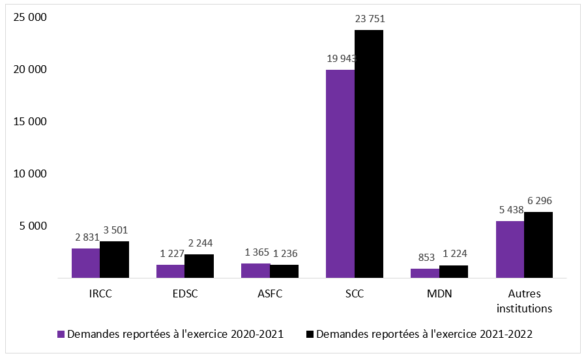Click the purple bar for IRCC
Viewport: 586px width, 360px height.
85,263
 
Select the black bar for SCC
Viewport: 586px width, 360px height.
369,154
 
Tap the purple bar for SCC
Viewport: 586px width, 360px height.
340,173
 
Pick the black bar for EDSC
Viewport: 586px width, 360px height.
199,266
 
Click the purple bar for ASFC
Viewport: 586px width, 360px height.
256,271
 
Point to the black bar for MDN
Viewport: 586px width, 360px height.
454,271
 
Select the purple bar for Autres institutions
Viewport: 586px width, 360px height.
510,249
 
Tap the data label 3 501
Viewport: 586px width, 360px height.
115,230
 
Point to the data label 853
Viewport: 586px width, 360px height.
426,256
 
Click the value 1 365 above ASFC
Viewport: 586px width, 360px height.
256,252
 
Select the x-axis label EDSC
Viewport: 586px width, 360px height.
184,294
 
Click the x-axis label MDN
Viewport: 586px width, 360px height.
440,294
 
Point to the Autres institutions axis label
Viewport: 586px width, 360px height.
525,301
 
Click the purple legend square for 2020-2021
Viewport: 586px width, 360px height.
61,335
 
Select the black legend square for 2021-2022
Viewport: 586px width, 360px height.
309,335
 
